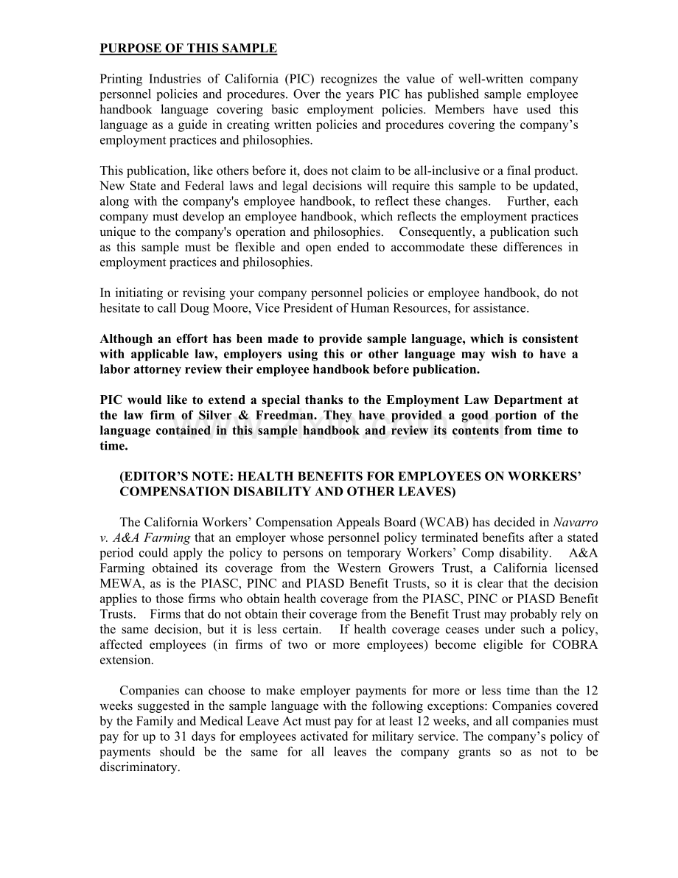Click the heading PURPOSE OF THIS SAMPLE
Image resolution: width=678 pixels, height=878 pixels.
coord(188,49)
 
